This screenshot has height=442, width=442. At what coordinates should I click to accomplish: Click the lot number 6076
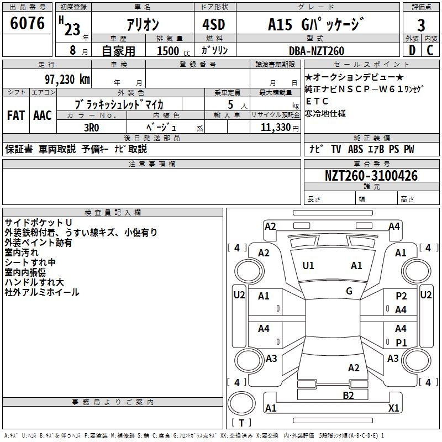pos(28,23)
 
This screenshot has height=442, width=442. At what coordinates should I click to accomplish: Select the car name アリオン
pos(143,25)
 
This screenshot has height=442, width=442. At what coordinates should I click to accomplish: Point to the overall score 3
pos(421,25)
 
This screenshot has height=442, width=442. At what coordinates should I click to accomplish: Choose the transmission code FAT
pos(16,115)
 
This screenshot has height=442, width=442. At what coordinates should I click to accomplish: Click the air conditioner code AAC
pos(42,115)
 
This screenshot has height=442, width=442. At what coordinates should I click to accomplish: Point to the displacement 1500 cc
pos(169,51)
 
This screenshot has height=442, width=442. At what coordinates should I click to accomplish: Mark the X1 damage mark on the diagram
pos(394,408)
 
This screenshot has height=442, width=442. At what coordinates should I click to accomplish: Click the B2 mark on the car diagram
pos(348,394)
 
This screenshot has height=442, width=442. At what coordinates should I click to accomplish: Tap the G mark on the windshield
pos(349,291)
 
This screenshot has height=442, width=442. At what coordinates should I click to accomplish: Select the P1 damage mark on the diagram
pos(401,343)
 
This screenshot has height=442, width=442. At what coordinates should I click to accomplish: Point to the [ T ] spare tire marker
pos(241,423)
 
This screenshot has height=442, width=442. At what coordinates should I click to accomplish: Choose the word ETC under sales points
pos(317,102)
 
